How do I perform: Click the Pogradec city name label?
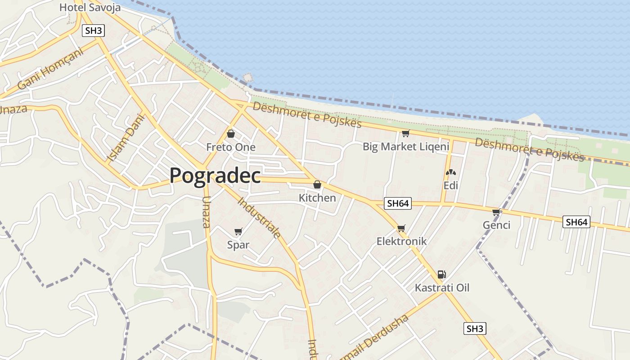[x=215, y=175]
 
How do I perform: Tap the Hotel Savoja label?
[x=90, y=8]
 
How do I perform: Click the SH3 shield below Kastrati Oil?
[x=475, y=328]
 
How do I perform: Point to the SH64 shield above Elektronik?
[x=398, y=203]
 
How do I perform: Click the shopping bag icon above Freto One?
[x=231, y=134]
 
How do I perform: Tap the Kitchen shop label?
[x=317, y=198]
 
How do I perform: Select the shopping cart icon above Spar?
[x=238, y=232]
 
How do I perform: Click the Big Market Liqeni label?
[x=406, y=147]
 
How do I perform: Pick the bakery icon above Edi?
[x=450, y=172]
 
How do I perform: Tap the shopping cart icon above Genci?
[x=496, y=212]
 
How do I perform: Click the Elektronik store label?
[x=401, y=241]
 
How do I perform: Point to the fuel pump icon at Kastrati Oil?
[x=441, y=274]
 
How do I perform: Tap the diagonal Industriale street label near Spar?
[x=259, y=217]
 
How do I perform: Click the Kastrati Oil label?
[x=442, y=288]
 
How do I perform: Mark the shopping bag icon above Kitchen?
[x=317, y=184]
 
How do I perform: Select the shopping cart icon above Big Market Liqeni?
[x=405, y=133]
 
